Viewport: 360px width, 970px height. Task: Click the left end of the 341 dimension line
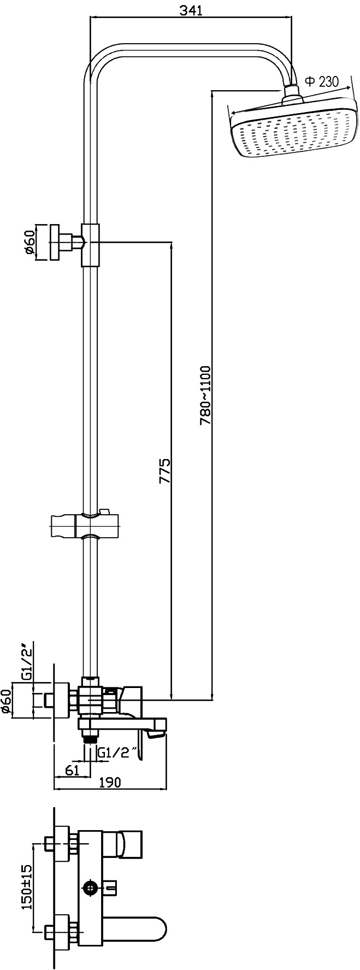click(91, 19)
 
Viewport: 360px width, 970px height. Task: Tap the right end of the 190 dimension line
click(167, 789)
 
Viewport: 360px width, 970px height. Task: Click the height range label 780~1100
click(205, 396)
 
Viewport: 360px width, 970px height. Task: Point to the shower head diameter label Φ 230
click(321, 82)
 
